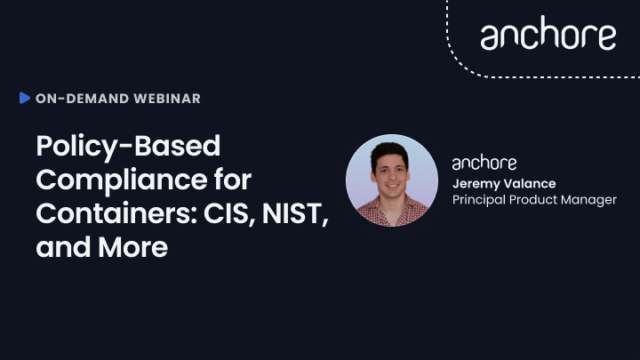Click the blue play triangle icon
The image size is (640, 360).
tap(25, 98)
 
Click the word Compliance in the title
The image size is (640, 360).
tap(122, 180)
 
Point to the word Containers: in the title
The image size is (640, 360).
tap(116, 213)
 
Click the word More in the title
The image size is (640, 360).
tap(132, 247)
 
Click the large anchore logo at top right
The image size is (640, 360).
tap(548, 34)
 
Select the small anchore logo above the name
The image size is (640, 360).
tap(484, 163)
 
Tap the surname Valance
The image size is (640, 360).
tap(529, 184)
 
